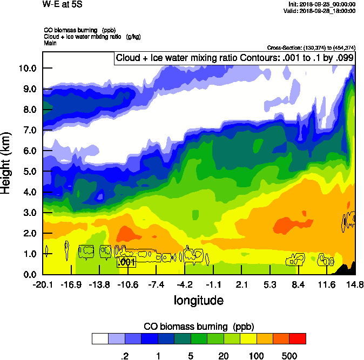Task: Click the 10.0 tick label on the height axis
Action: click(28, 68)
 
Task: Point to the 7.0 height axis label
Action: click(30, 130)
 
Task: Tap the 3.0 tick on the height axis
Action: click(30, 213)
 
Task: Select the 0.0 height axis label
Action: click(30, 274)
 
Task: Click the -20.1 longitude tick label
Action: click(43, 284)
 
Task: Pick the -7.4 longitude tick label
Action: click(156, 284)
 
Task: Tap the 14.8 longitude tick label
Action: click(355, 284)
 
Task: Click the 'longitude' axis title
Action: click(198, 300)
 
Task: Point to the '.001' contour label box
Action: click(126, 262)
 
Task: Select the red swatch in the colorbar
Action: click(298, 338)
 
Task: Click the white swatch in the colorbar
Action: click(99, 338)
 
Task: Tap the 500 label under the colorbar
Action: click(289, 355)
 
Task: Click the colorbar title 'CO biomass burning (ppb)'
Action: click(198, 326)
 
